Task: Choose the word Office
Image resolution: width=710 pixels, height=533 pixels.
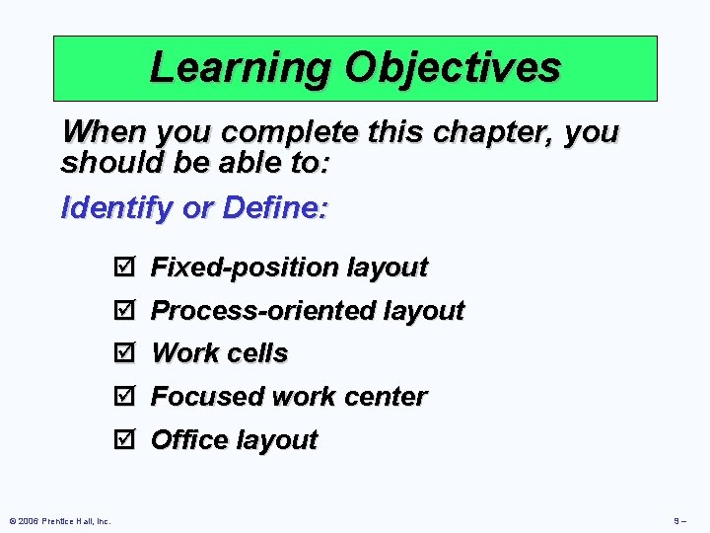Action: (186, 440)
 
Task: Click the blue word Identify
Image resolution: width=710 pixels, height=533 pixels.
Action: (112, 209)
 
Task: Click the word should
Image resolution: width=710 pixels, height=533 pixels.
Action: (106, 162)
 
